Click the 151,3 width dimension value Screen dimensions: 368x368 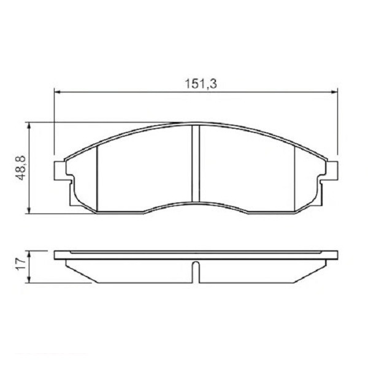pos(196,85)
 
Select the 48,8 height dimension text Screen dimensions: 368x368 pos(20,167)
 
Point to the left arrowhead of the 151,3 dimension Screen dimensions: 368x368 pos(58,92)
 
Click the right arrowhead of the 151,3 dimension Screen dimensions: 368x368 pos(335,92)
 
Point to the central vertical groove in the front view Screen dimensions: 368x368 pos(196,163)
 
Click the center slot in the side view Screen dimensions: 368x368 pos(196,273)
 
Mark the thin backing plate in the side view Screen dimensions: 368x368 pos(196,253)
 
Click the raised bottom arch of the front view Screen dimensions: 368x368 pos(196,202)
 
